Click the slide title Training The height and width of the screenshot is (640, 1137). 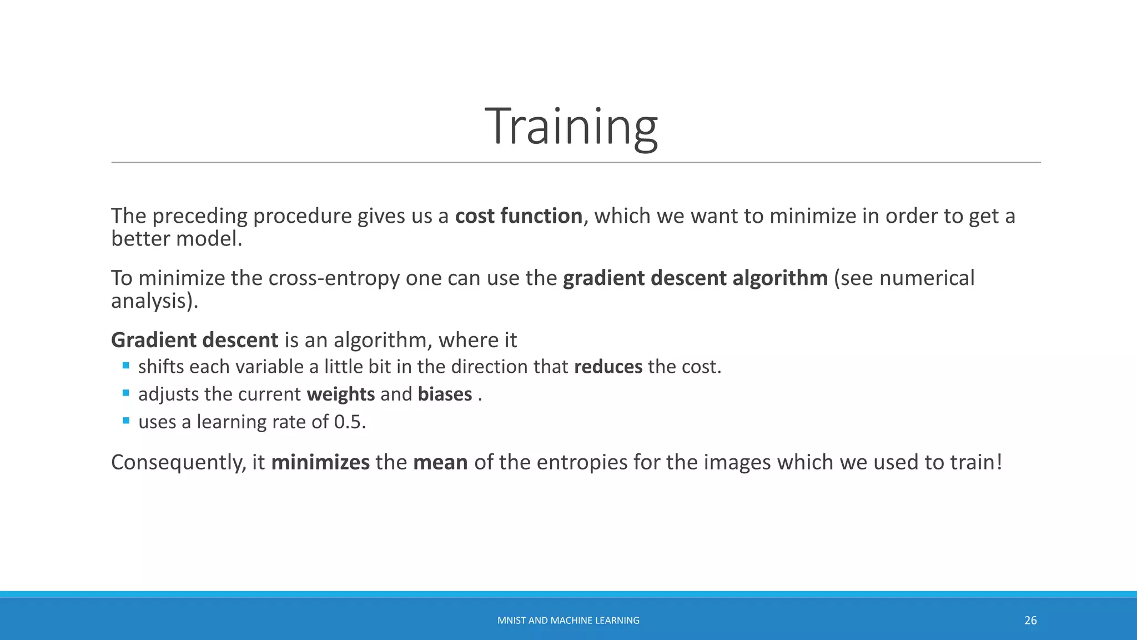pos(571,127)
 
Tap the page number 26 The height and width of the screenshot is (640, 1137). pos(1030,621)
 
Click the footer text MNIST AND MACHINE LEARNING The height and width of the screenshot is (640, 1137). pos(568,621)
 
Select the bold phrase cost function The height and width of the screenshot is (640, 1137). pos(519,216)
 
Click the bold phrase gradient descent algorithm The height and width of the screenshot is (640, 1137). pos(695,278)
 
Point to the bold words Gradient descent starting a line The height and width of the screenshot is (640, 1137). pos(194,340)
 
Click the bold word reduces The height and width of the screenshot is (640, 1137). pos(608,367)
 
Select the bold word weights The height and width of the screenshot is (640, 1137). pos(340,394)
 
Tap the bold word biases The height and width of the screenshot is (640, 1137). pos(445,394)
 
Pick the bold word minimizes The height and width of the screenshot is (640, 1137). pos(320,462)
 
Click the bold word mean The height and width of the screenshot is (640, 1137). pos(440,462)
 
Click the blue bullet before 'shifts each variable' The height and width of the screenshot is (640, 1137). pos(126,366)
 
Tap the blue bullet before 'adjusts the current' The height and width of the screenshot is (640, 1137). pos(126,393)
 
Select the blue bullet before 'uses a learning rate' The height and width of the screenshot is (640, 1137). pos(126,421)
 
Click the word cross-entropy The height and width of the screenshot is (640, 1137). pos(334,278)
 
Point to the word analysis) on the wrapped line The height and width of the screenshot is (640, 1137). pos(154,301)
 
